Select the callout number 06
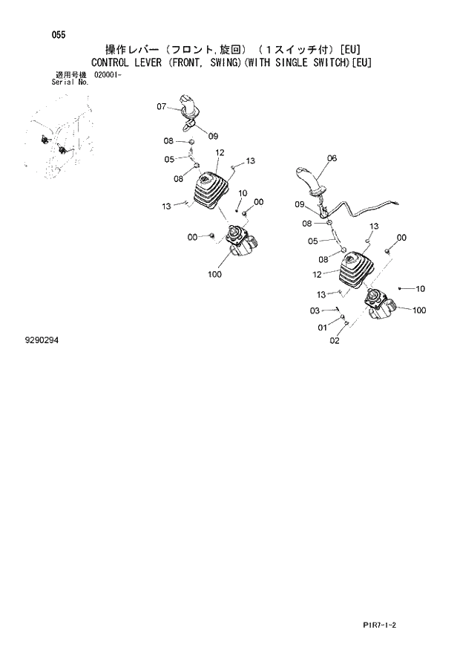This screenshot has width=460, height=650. [x=332, y=158]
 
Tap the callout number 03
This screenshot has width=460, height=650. [x=315, y=311]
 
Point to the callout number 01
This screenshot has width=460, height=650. [x=322, y=327]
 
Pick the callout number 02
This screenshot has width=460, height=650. [x=334, y=341]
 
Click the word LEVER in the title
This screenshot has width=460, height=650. [x=152, y=63]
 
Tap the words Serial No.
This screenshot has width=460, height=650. [x=70, y=82]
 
